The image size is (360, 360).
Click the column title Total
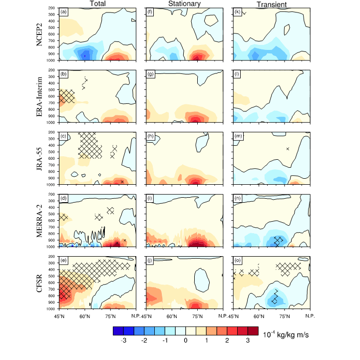click(x=97, y=4)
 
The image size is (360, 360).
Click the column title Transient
click(x=272, y=4)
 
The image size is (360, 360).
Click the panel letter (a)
click(x=63, y=11)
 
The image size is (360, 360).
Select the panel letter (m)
click(x=238, y=136)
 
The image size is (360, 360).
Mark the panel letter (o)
click(x=238, y=260)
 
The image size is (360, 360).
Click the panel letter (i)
click(x=150, y=198)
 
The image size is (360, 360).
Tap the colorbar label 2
click(x=226, y=341)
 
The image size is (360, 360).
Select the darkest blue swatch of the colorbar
click(x=119, y=331)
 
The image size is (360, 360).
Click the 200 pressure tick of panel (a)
click(x=52, y=8)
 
